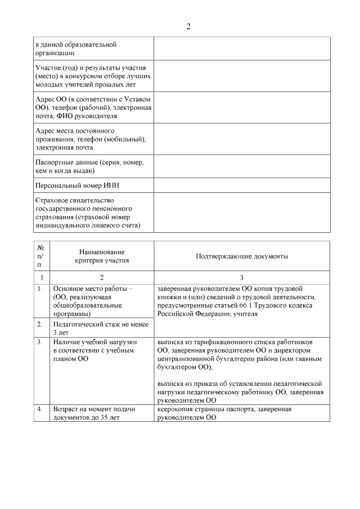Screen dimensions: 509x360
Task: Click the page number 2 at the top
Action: coord(188,26)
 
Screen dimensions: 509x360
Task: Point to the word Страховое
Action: coord(52,201)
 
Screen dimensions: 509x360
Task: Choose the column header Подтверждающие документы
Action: coord(242,256)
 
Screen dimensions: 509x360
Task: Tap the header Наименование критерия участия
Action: coord(102,256)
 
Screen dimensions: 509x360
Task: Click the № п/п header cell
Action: coord(40,256)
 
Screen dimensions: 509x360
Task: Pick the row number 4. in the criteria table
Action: coord(40,409)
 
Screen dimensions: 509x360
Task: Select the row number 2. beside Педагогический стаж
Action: coord(40,325)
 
